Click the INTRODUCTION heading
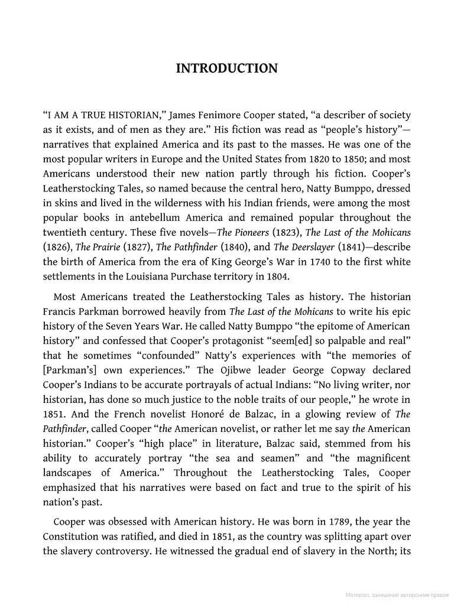pyautogui.click(x=226, y=69)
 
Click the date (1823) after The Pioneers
pyautogui.click(x=286, y=232)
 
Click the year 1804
pyautogui.click(x=277, y=276)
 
